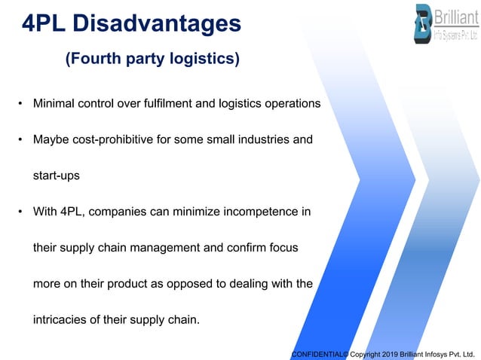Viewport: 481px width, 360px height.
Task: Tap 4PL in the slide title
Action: coord(44,23)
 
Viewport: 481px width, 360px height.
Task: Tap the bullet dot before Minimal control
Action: coord(21,102)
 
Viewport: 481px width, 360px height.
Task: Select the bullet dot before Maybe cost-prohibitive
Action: coord(21,139)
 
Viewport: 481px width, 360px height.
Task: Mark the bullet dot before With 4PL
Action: coord(21,212)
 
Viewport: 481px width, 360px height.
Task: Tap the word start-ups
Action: coord(56,175)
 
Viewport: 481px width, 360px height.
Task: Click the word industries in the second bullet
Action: coord(255,139)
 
